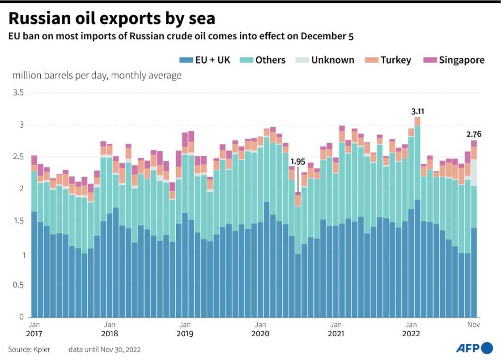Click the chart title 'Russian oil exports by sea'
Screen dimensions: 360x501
point(112,19)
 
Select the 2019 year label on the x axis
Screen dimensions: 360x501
point(185,334)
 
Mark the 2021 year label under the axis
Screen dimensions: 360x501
point(335,334)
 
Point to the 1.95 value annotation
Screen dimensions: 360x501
point(297,161)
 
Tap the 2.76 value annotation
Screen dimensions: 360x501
point(474,133)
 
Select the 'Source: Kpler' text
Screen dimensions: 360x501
point(29,349)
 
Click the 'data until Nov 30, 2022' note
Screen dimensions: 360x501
point(107,349)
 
